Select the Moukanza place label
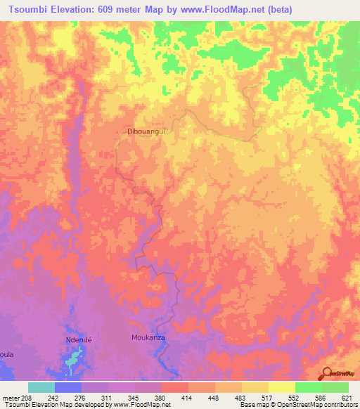pos(147,338)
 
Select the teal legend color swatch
pos(41,387)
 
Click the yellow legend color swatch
pos(282,387)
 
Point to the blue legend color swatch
pos(68,387)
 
